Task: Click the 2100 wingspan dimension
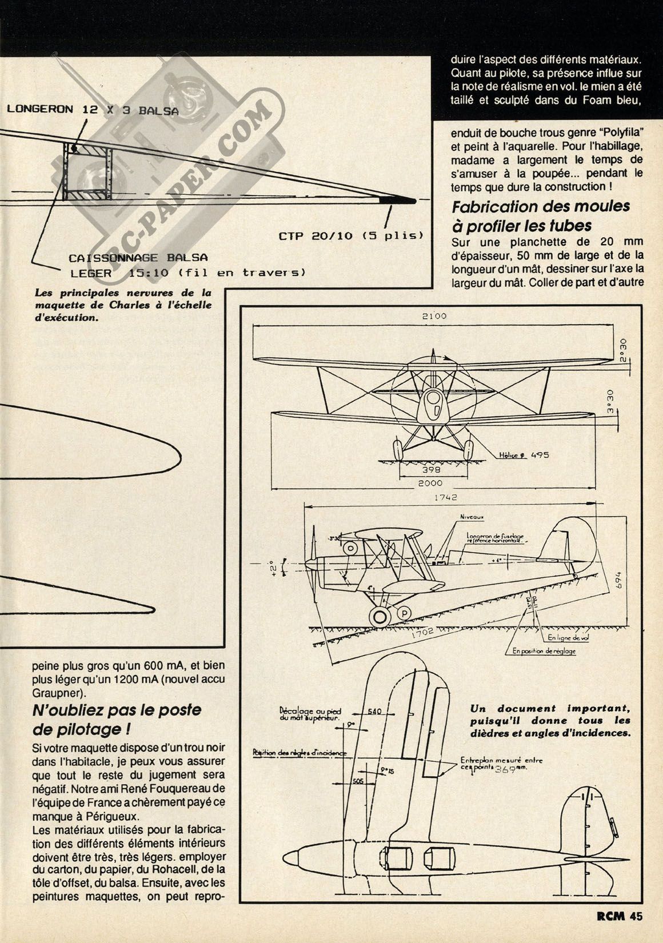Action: pos(434,316)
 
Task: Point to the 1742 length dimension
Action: pos(445,498)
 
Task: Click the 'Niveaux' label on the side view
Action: pos(473,518)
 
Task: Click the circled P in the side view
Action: pos(405,612)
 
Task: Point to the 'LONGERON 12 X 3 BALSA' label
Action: pos(92,110)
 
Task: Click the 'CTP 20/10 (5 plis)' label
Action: pos(352,236)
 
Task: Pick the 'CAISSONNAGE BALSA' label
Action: pos(138,258)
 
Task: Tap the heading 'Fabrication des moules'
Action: pos(541,206)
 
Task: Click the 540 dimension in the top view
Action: pos(374,712)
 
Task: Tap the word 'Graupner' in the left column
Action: pos(53,693)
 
